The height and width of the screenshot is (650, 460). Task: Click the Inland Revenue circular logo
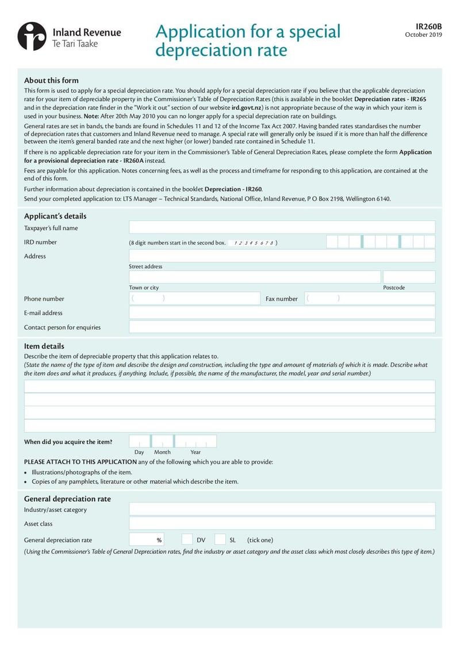point(32,36)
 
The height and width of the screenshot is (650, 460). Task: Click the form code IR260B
point(429,26)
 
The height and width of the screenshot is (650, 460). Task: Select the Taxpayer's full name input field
point(282,227)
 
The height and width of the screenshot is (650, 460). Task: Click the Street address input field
point(282,255)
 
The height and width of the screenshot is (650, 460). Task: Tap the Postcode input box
point(409,277)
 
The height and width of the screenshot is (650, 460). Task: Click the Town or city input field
point(254,277)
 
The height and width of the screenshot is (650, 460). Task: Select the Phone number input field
point(194,298)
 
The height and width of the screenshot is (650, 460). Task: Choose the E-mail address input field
point(282,312)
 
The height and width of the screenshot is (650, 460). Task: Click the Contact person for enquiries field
point(282,327)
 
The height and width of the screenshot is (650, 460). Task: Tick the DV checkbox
point(187,540)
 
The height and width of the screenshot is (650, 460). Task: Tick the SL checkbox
point(220,540)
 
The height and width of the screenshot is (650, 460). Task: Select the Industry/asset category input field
point(282,509)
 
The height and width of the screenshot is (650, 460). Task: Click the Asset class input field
point(282,523)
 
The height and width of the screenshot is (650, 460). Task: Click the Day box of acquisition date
point(139,441)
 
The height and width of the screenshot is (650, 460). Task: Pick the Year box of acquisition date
point(195,441)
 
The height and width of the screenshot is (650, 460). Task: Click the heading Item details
point(44,346)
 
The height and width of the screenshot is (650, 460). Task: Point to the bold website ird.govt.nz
point(247,108)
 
